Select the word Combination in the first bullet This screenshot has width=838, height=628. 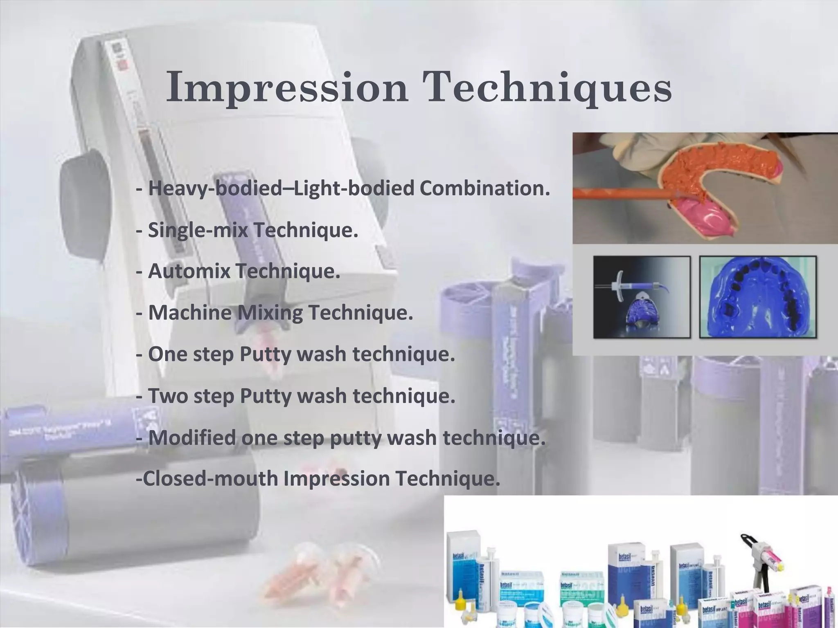point(484,188)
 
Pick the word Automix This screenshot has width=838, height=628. point(189,271)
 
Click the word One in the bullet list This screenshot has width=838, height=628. point(166,354)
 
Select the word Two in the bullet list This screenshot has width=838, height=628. point(168,396)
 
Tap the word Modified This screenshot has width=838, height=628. point(192,437)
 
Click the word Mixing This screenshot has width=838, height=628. point(270,313)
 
